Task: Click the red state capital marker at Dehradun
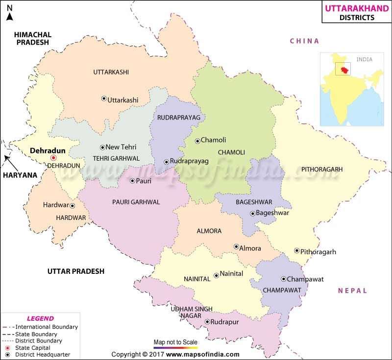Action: click(x=53, y=158)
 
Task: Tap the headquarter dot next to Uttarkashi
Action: click(x=103, y=98)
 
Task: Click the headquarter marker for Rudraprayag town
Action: click(x=167, y=161)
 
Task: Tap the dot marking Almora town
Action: click(x=236, y=247)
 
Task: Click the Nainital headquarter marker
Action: click(x=216, y=275)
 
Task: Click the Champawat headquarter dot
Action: click(x=283, y=279)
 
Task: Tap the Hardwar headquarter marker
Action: click(x=72, y=206)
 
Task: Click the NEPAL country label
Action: click(x=352, y=290)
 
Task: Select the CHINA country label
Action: click(x=304, y=41)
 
